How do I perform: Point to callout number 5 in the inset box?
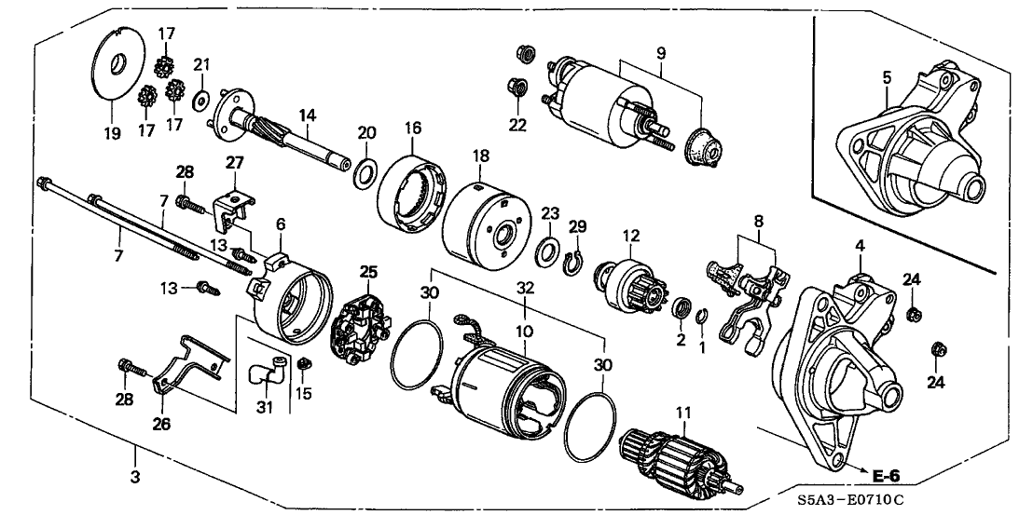(888, 77)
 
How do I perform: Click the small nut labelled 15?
(304, 361)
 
